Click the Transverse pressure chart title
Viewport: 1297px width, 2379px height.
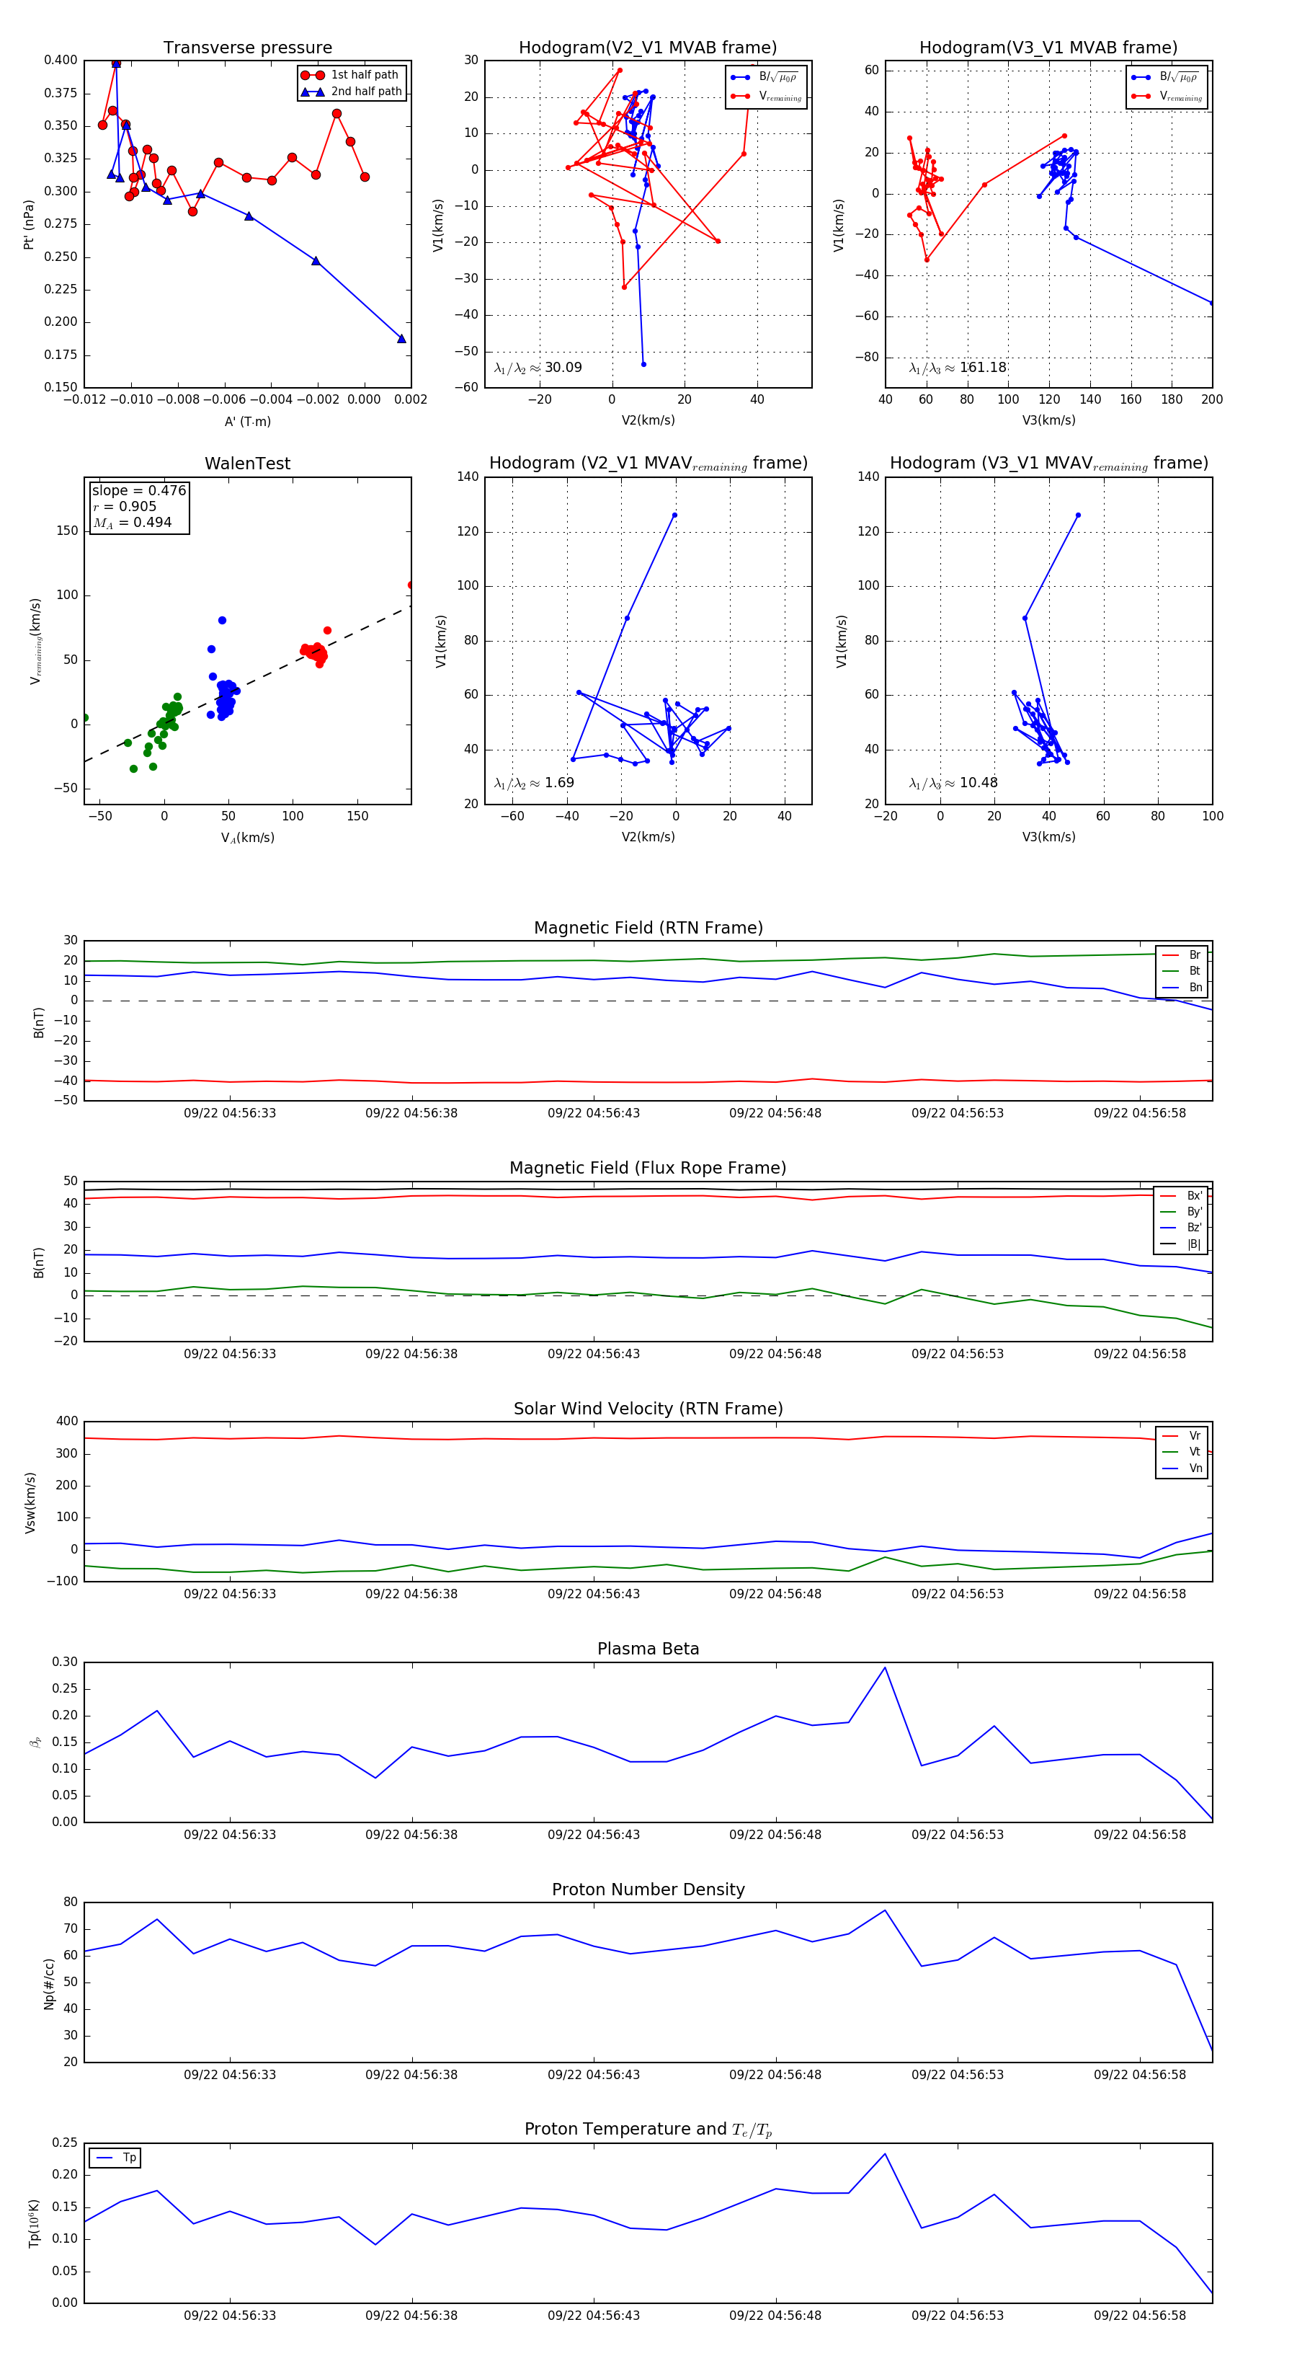tap(247, 48)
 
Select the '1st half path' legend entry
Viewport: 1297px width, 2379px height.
tap(365, 75)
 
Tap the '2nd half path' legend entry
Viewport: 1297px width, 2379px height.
tap(365, 92)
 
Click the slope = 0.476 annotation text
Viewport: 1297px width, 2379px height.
tap(138, 490)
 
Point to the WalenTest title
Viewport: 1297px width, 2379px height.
tap(247, 464)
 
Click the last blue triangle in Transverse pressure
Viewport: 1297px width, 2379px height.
tap(401, 339)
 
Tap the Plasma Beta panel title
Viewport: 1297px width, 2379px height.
tap(648, 1649)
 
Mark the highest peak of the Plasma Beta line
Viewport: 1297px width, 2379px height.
tap(884, 1667)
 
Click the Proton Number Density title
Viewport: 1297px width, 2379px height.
tap(648, 1889)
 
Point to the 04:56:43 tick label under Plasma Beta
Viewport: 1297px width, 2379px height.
tap(594, 1834)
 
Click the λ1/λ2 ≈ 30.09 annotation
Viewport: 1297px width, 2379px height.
tap(538, 368)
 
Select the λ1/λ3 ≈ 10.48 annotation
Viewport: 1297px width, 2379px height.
tap(953, 783)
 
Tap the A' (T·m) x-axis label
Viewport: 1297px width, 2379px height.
tap(247, 421)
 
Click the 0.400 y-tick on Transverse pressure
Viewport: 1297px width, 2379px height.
tap(61, 60)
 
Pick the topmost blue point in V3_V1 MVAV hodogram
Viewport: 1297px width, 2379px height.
tap(1078, 515)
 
